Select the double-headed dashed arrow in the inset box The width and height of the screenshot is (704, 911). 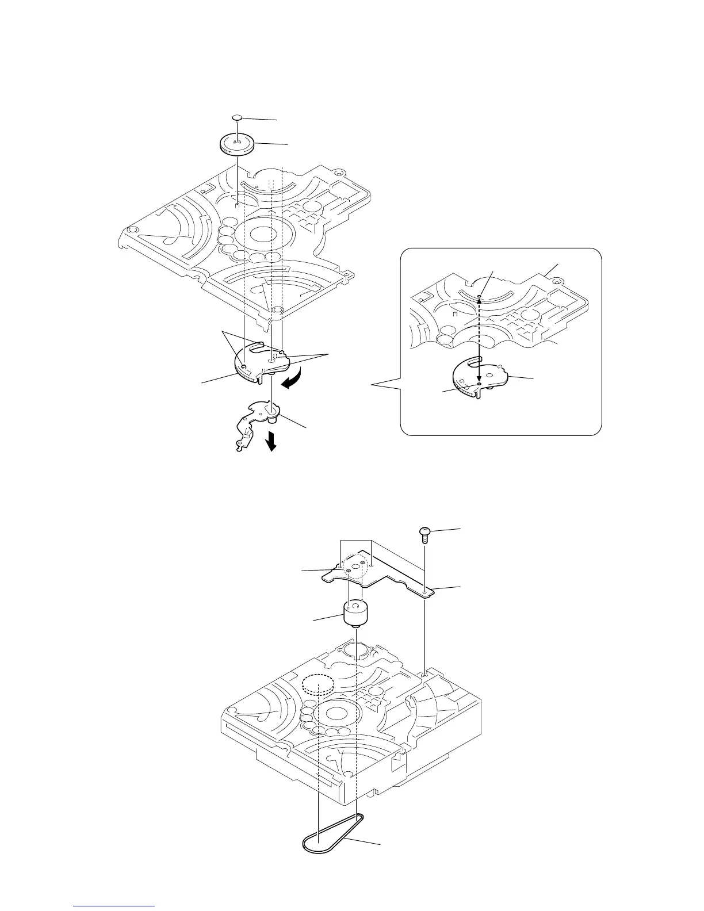(479, 339)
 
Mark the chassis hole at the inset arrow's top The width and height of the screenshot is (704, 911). (479, 297)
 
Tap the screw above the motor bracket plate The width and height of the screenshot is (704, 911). (424, 532)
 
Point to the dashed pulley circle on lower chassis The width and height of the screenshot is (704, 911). (318, 684)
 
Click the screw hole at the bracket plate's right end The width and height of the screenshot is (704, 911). (424, 590)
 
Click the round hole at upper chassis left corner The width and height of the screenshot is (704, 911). (132, 230)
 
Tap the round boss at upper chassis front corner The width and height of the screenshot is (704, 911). (278, 311)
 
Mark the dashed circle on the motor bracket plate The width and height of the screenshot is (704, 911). (355, 568)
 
